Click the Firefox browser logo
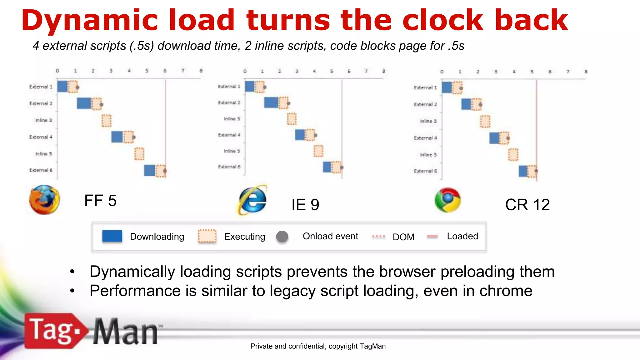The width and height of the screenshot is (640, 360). click(x=44, y=200)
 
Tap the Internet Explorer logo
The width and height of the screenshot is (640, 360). click(x=253, y=200)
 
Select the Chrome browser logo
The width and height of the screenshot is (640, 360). click(x=447, y=200)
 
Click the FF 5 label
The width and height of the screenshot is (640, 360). click(x=100, y=201)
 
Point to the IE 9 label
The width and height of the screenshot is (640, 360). click(x=305, y=205)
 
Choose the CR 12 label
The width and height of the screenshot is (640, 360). click(x=527, y=205)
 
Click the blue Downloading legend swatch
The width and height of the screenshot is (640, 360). click(x=112, y=236)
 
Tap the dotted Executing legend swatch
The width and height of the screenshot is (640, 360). click(x=207, y=236)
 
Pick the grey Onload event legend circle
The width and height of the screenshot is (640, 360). click(x=282, y=237)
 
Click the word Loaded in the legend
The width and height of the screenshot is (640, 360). click(x=462, y=236)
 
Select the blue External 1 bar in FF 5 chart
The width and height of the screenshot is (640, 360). click(x=62, y=87)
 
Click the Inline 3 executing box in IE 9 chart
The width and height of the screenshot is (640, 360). click(x=292, y=119)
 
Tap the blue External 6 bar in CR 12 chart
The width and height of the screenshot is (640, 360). click(x=523, y=171)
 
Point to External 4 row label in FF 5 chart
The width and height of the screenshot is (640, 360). click(x=41, y=137)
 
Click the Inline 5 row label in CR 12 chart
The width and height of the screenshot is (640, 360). click(x=428, y=155)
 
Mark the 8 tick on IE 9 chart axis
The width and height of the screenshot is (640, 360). click(x=383, y=71)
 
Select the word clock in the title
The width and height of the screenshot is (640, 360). click(x=443, y=20)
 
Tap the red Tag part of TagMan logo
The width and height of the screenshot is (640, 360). click(x=52, y=331)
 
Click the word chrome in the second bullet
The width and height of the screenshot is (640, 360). click(x=506, y=291)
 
